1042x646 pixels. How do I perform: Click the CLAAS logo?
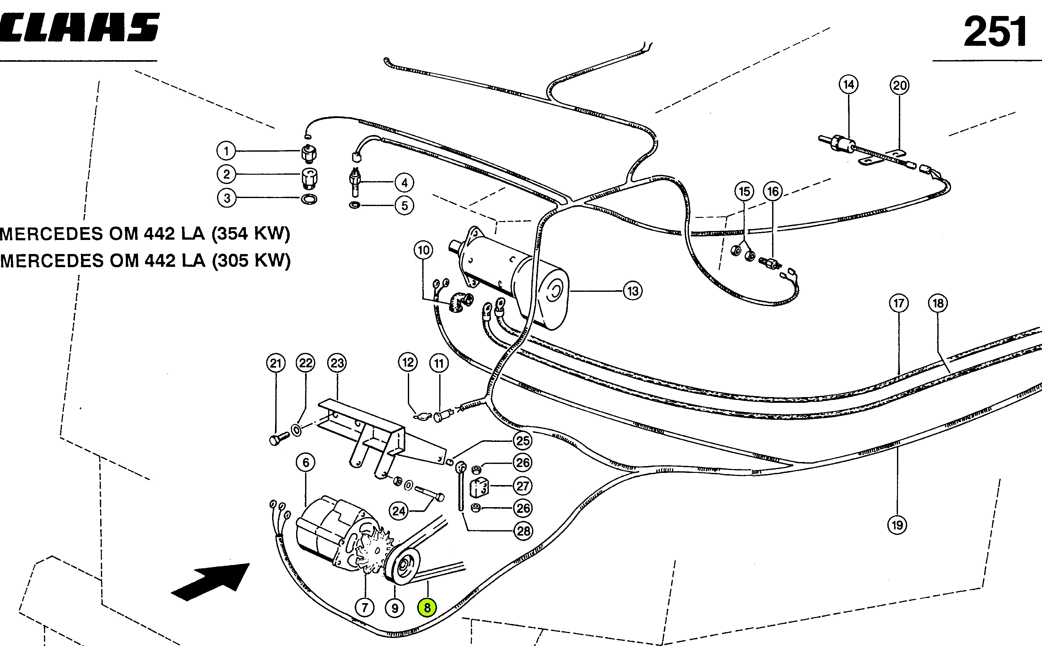point(79,27)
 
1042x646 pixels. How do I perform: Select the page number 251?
point(995,32)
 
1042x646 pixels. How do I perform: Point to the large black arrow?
point(210,582)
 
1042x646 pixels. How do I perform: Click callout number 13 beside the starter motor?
point(633,291)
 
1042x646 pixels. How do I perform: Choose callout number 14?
point(848,84)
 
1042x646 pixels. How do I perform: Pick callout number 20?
point(900,85)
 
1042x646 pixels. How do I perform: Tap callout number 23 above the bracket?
point(337,363)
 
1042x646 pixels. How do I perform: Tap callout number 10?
point(423,250)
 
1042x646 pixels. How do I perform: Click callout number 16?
point(773,191)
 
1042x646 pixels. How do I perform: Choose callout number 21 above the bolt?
point(275,363)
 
